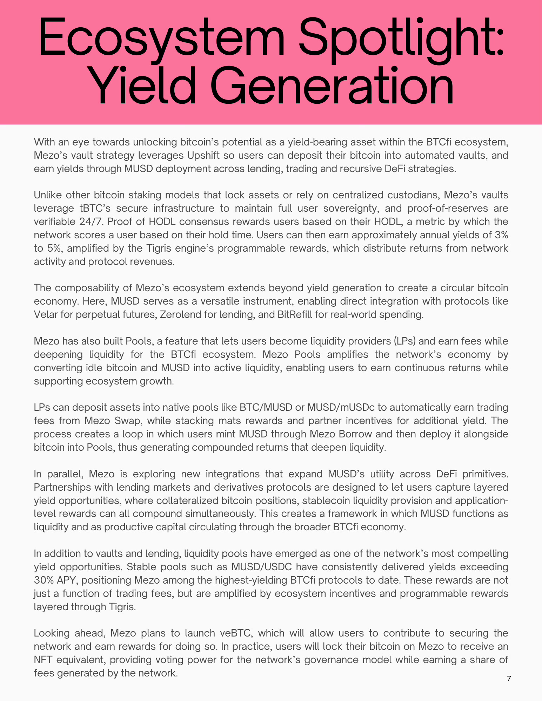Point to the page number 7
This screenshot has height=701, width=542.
pyautogui.click(x=509, y=679)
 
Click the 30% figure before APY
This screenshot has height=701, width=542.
pyautogui.click(x=43, y=580)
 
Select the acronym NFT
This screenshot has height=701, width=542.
pyautogui.click(x=43, y=660)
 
